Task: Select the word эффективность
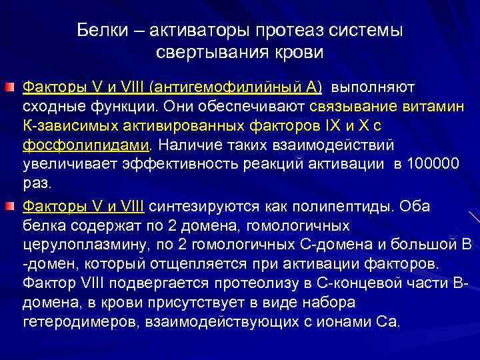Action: pyautogui.click(x=183, y=164)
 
